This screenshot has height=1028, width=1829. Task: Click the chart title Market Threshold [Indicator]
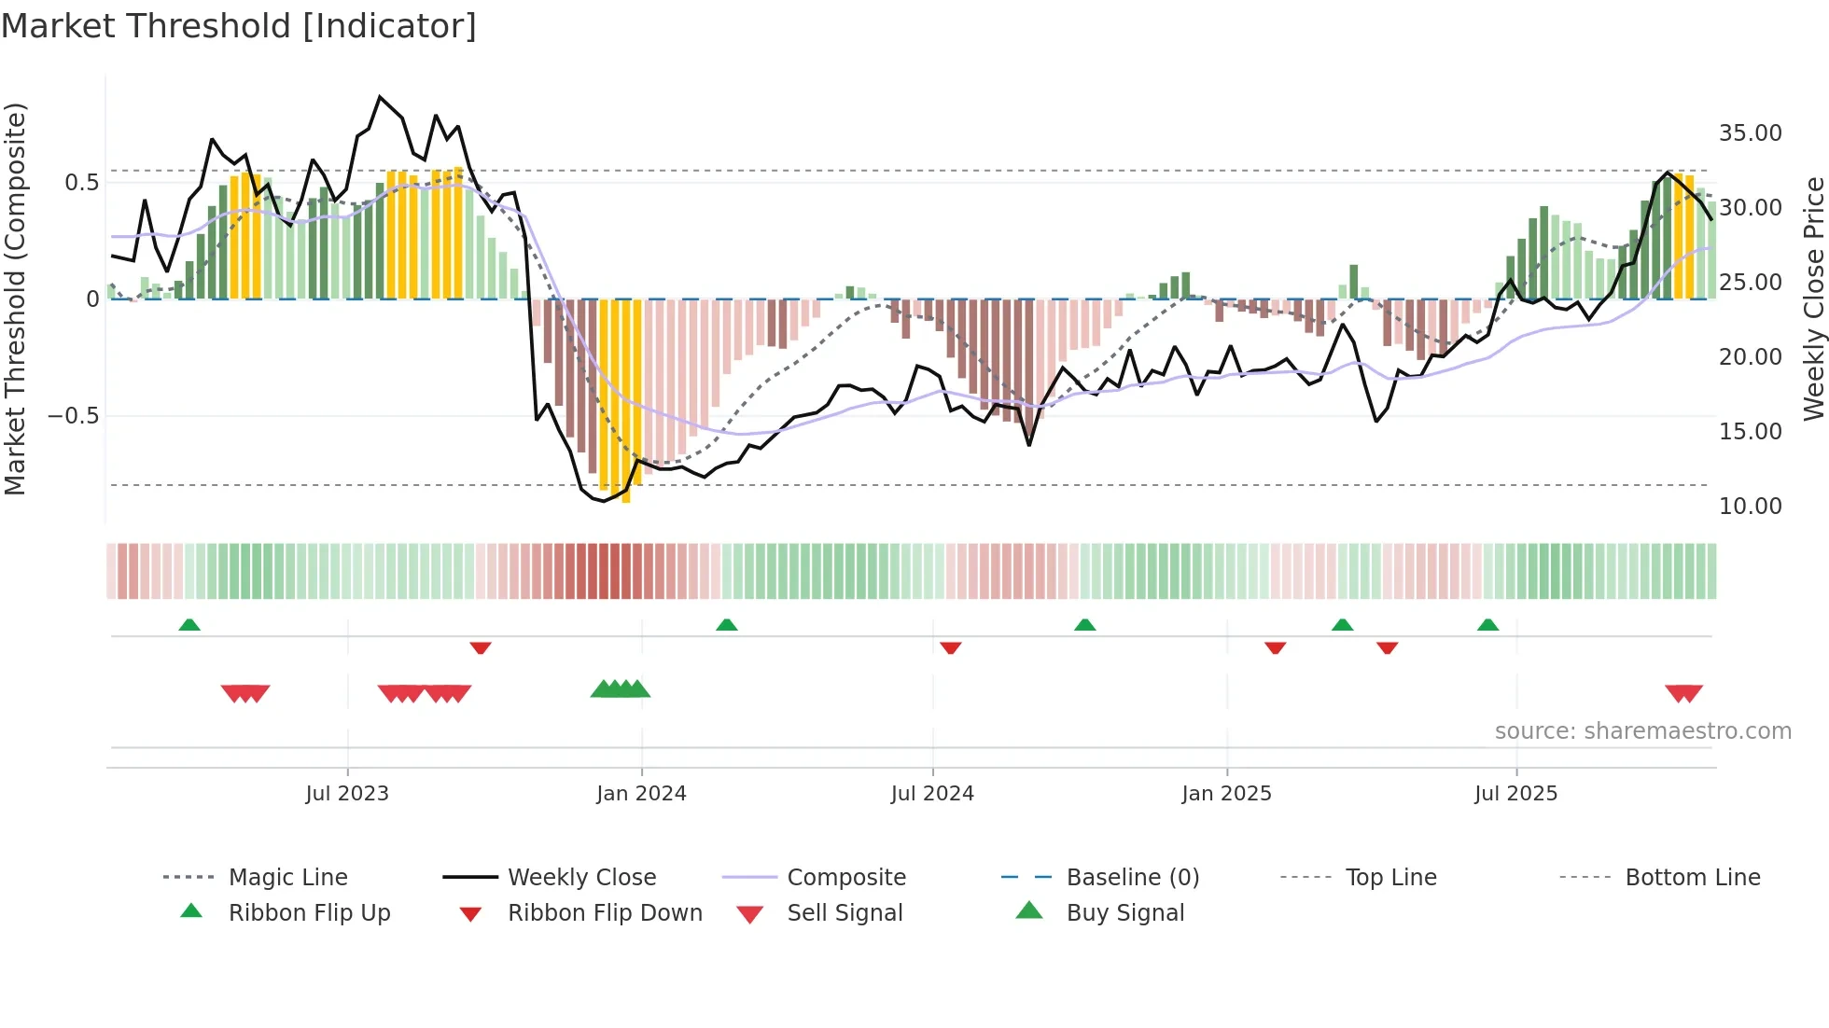(x=239, y=26)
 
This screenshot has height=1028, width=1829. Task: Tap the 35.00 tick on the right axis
(x=1750, y=133)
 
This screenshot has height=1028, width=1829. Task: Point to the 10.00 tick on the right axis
(x=1750, y=507)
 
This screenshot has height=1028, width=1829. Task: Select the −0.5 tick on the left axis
(x=74, y=416)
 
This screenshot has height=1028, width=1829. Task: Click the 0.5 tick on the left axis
(x=81, y=183)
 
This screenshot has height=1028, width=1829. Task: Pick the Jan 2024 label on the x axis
(x=641, y=794)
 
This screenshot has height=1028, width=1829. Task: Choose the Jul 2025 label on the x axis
(x=1515, y=794)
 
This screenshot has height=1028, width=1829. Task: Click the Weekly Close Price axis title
(x=1812, y=299)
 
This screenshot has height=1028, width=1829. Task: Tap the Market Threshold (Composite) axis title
(x=15, y=299)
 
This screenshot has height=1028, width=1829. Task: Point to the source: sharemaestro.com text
(x=1642, y=731)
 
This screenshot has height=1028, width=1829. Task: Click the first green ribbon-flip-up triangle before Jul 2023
(x=189, y=624)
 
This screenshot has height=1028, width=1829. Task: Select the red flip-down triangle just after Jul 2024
(x=951, y=647)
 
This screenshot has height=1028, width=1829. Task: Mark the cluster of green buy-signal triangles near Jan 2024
(x=621, y=689)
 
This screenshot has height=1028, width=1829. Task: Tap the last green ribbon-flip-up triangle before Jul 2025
(x=1487, y=624)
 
